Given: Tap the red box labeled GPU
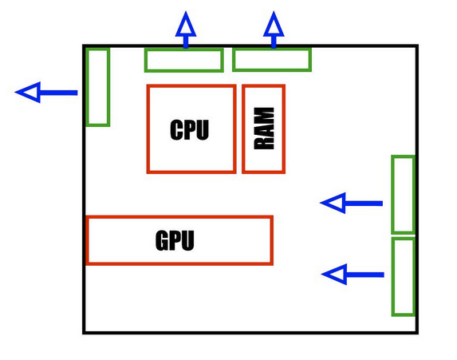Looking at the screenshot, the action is pos(179,217).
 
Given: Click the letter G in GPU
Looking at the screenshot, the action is pos(163,240).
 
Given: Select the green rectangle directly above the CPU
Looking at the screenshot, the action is pos(184,49).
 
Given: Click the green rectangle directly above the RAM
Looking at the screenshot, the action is pos(272,49).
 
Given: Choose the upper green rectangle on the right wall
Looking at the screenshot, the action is pos(393,195).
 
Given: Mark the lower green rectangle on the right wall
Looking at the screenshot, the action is pos(393,276).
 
